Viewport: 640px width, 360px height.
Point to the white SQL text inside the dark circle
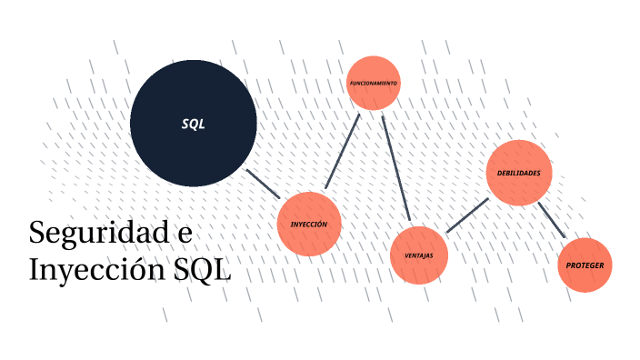[193, 125]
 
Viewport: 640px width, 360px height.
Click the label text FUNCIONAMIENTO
[373, 83]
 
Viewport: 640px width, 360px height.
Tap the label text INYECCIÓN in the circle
[309, 225]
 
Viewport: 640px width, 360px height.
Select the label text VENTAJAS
[418, 255]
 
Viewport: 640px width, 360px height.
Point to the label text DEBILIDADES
[519, 173]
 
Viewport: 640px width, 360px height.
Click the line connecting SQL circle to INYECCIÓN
[264, 183]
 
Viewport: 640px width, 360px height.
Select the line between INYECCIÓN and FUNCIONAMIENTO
[343, 152]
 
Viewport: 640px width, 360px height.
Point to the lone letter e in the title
[183, 234]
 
